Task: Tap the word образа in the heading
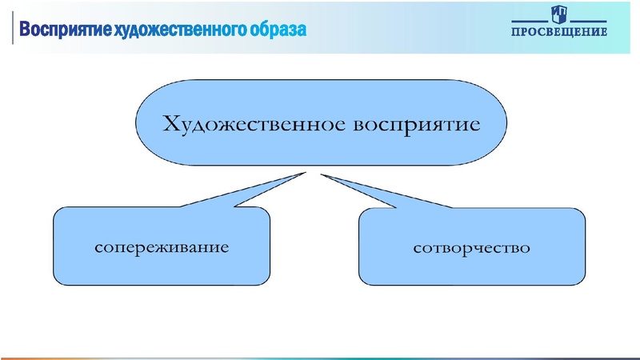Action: click(278, 30)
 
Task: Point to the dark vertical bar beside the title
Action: click(12, 28)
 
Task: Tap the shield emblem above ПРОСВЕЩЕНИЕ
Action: click(558, 14)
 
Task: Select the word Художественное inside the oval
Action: click(242, 125)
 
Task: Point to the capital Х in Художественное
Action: click(171, 124)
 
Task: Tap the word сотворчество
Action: click(471, 247)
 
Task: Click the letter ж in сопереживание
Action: click(175, 246)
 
